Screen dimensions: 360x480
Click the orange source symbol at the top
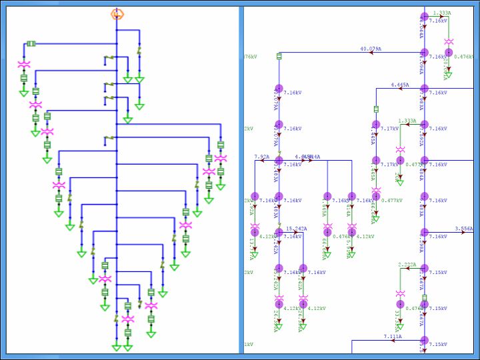[117, 13]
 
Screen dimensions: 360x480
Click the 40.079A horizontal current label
[371, 49]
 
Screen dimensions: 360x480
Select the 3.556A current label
[463, 229]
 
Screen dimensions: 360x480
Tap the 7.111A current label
[393, 337]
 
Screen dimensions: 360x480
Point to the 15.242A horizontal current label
[296, 229]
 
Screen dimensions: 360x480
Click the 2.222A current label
[407, 265]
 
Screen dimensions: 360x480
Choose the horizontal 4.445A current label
[399, 85]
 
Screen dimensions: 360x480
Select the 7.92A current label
[261, 157]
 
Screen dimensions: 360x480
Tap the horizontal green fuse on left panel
[31, 44]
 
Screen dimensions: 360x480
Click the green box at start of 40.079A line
[279, 56]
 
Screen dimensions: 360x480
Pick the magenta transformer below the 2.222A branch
[400, 294]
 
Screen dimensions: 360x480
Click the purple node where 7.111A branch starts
[424, 341]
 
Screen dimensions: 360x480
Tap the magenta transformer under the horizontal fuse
[24, 64]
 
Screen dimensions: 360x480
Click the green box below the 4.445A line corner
[376, 109]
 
